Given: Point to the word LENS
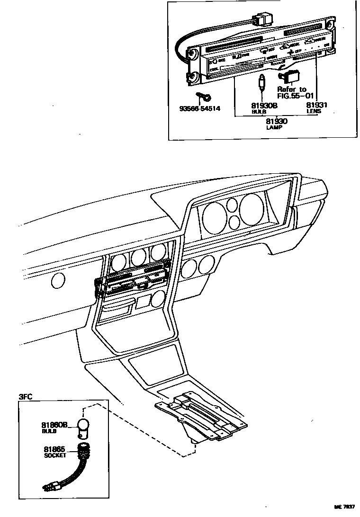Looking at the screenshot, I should point(314,112).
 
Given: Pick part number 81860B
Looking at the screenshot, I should point(54,425).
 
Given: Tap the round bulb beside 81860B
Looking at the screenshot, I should point(83,424).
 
